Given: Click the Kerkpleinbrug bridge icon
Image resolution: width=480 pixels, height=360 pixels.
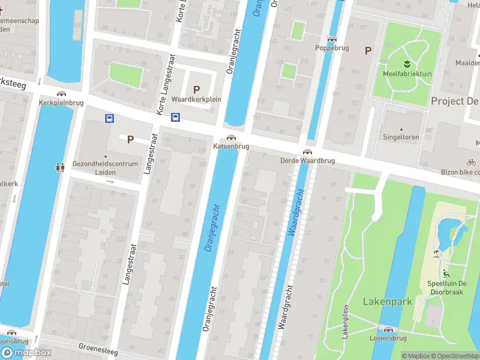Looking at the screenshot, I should click(x=61, y=94).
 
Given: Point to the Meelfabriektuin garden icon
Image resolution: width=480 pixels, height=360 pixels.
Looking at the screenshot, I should click(x=407, y=63).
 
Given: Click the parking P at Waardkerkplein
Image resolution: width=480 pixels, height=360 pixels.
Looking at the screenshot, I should click(x=196, y=89).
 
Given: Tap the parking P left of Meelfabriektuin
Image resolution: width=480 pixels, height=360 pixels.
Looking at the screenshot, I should click(x=368, y=51).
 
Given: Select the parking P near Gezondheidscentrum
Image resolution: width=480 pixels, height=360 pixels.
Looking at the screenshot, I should click(x=130, y=139).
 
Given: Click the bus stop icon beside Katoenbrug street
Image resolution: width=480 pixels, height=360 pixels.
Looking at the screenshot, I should click(x=175, y=118).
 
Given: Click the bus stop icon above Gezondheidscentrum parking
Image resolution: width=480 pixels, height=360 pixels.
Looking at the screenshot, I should click(x=109, y=119).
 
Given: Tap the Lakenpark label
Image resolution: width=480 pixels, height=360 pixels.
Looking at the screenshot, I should click(x=388, y=301).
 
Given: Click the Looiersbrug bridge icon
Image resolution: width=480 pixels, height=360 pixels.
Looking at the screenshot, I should click(x=388, y=329).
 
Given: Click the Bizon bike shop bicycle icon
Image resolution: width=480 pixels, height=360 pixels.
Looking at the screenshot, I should click(x=471, y=162).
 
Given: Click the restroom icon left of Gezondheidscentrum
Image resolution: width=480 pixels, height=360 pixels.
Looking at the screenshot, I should click(x=59, y=168).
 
